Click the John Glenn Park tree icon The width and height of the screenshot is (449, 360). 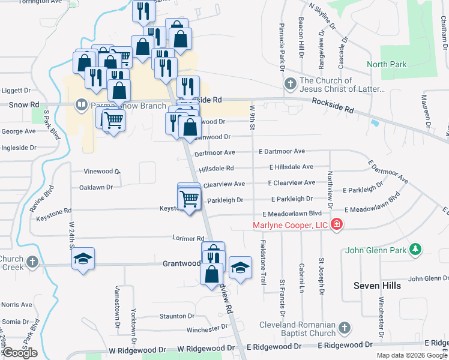(415, 249)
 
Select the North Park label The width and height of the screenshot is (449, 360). (386, 64)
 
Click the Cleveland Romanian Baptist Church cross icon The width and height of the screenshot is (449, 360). (344, 328)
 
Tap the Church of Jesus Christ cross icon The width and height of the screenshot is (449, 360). (290, 84)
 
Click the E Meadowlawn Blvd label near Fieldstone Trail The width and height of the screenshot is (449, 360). (292, 214)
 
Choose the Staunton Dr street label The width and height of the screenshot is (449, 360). (176, 316)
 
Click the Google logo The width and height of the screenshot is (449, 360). (20, 353)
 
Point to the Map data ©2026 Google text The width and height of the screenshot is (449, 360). (411, 355)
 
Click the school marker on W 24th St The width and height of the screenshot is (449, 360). (83, 259)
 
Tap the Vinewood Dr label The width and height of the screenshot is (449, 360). (102, 171)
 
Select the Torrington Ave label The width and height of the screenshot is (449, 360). (40, 2)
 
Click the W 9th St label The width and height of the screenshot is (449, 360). (253, 118)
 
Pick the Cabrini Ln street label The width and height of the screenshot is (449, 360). (302, 275)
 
